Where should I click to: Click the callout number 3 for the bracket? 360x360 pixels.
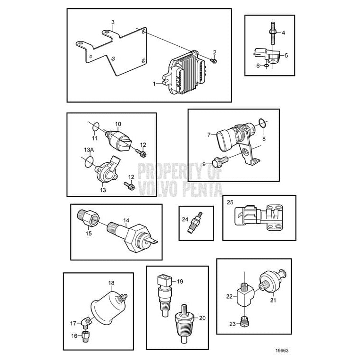(113, 22)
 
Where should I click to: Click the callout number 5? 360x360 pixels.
(286, 55)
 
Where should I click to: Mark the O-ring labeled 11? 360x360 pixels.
(95, 126)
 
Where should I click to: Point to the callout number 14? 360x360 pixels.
(126, 220)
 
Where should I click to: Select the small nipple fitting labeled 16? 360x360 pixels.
(85, 336)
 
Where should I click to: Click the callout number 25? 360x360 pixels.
(230, 202)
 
